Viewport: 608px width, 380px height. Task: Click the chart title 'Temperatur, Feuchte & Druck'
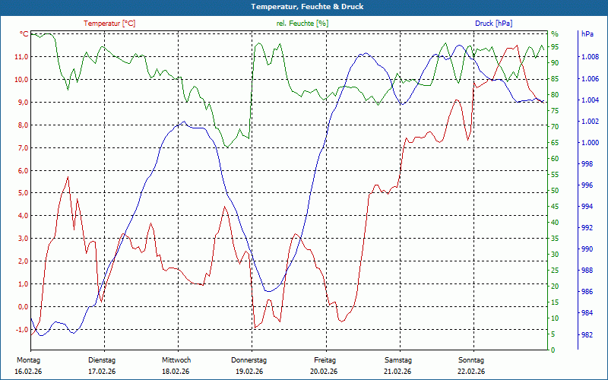tap(304, 6)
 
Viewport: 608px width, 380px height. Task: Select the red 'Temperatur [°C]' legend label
tap(109, 24)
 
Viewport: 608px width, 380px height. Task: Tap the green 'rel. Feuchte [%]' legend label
tap(302, 24)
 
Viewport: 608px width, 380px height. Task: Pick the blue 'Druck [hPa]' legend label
tap(495, 24)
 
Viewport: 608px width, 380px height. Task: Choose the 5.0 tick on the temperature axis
tap(22, 193)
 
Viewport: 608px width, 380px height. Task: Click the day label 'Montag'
tap(28, 359)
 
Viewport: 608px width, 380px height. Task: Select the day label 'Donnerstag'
tap(249, 359)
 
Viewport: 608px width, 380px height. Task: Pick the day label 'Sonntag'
tap(471, 359)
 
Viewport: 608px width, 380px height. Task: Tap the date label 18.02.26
tap(176, 371)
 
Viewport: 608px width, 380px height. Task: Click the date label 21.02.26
tap(397, 371)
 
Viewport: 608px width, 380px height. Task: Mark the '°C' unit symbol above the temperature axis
tap(24, 34)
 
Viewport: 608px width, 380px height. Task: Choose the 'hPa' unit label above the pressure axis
tap(587, 34)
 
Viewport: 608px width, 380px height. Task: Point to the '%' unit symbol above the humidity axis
tap(554, 34)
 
